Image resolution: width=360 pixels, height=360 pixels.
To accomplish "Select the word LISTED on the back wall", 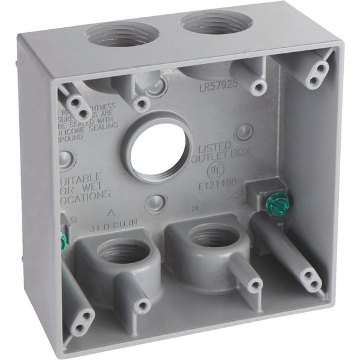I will (x=216, y=148).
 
